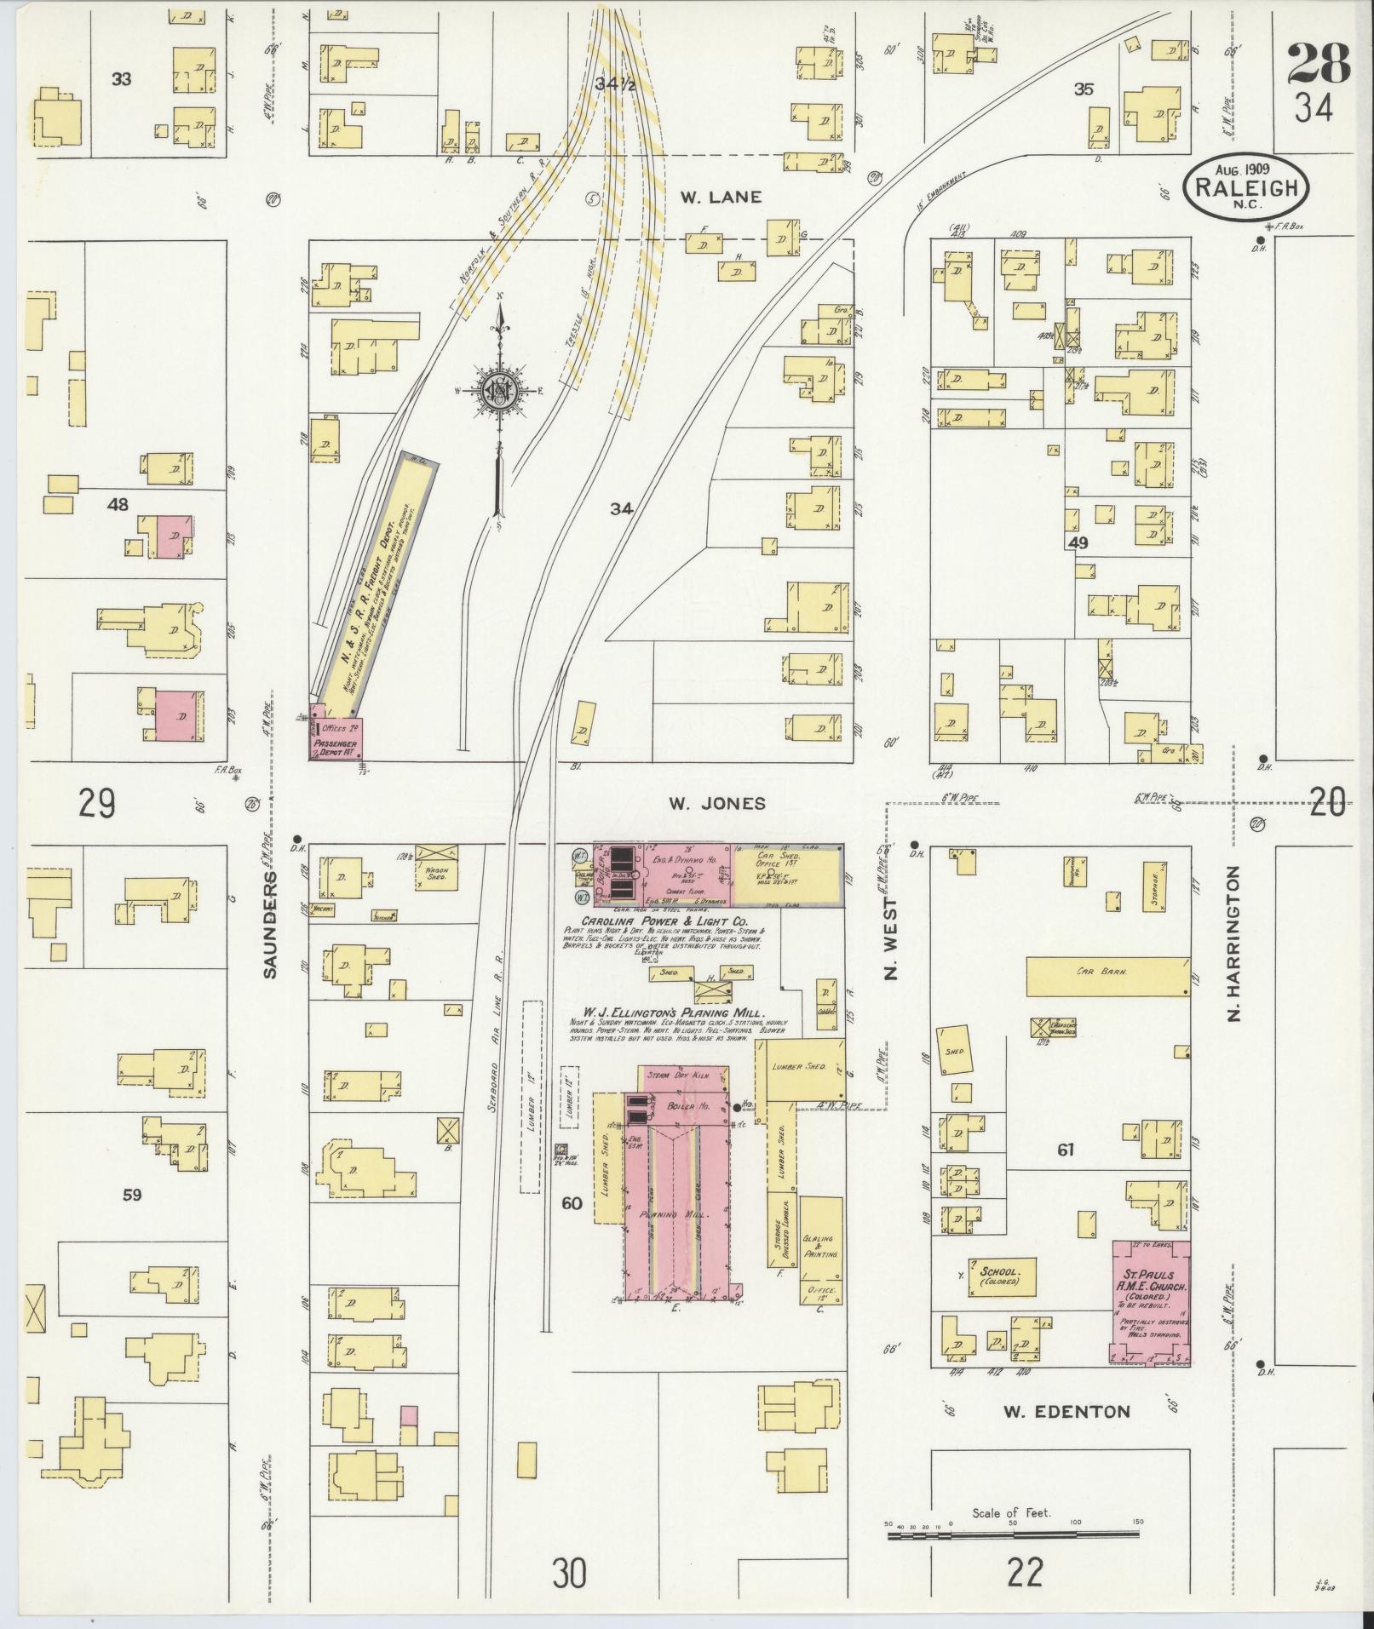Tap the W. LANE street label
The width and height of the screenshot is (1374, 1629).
(x=720, y=197)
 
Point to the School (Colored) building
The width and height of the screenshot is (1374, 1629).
(x=1003, y=1276)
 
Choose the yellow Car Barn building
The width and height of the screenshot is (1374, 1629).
(x=1107, y=976)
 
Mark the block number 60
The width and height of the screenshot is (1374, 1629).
(x=572, y=1203)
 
